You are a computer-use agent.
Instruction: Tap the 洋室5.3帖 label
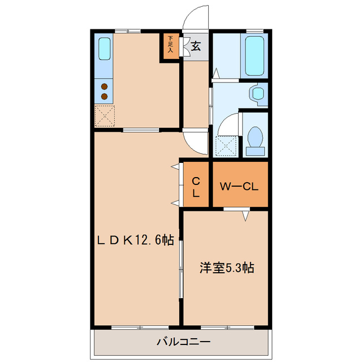(226, 268)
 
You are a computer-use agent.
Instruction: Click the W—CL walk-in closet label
(239, 186)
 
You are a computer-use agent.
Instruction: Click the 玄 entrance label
(196, 47)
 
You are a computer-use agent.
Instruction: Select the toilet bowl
(255, 139)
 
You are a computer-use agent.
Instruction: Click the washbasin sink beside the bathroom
(258, 93)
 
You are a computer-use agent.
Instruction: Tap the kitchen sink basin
(104, 49)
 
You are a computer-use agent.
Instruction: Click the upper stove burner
(104, 86)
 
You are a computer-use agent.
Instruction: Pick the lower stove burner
(104, 96)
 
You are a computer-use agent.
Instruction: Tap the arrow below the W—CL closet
(246, 216)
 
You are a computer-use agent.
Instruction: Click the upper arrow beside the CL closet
(175, 167)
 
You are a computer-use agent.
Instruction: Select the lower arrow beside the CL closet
(175, 202)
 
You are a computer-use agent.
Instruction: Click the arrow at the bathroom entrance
(215, 73)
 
